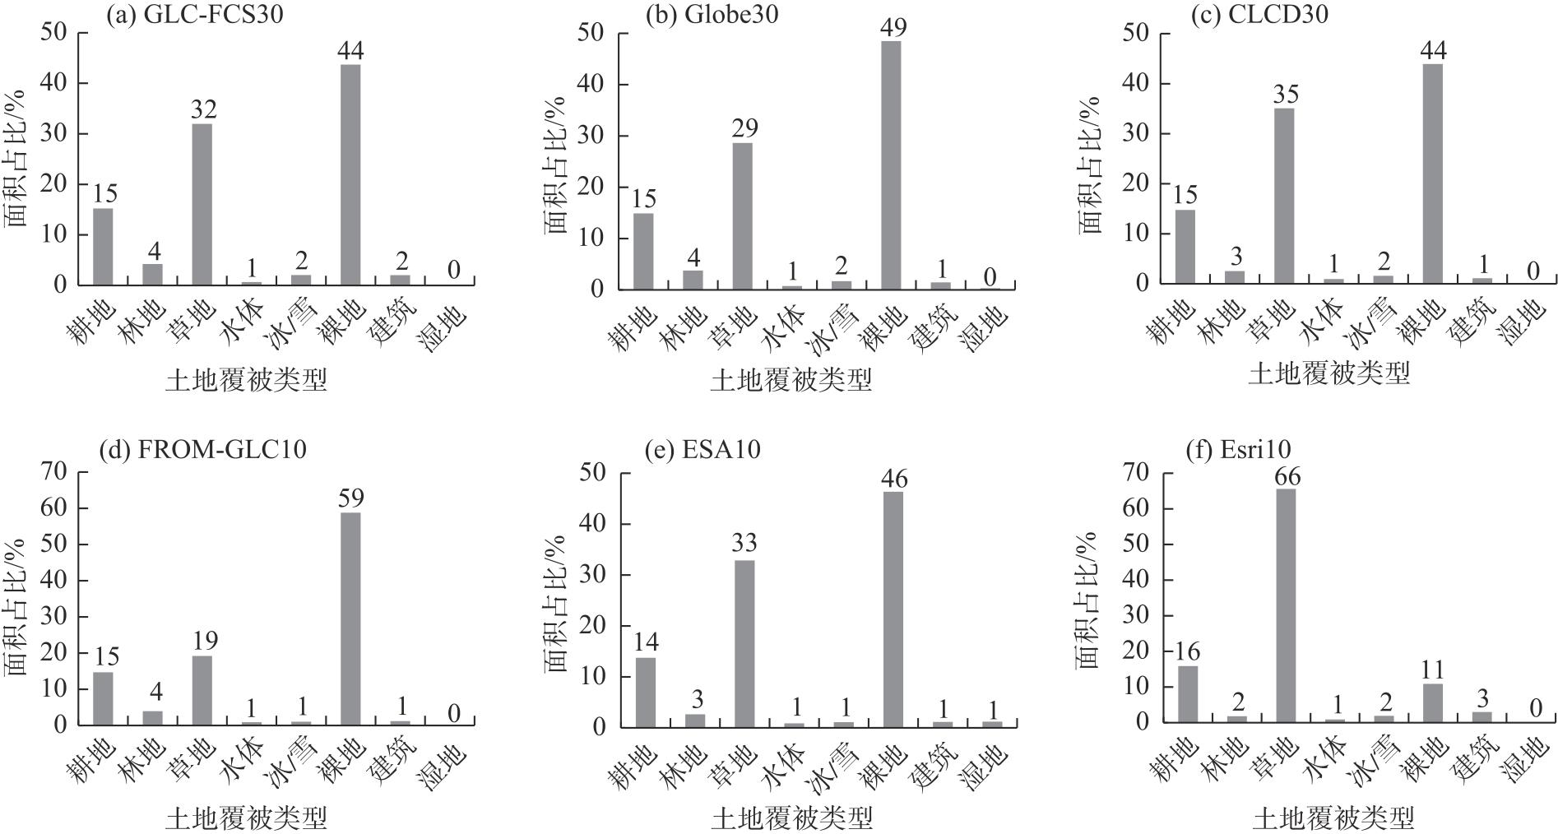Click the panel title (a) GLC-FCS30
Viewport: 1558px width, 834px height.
coord(194,15)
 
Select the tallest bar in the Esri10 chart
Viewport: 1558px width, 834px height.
coord(1287,605)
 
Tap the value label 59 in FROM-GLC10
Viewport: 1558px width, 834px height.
coord(350,498)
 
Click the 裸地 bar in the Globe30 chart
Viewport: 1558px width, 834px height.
coord(891,164)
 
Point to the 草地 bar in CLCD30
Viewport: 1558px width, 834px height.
coord(1285,196)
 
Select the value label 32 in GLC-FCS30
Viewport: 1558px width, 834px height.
coord(202,109)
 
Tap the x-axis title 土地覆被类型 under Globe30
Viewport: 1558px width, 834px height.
coord(791,379)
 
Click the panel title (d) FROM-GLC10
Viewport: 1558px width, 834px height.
coord(202,450)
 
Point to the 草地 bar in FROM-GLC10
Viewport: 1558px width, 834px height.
coord(202,690)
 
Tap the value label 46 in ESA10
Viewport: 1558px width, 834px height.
coord(893,479)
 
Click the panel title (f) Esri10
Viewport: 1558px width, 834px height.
coord(1238,450)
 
